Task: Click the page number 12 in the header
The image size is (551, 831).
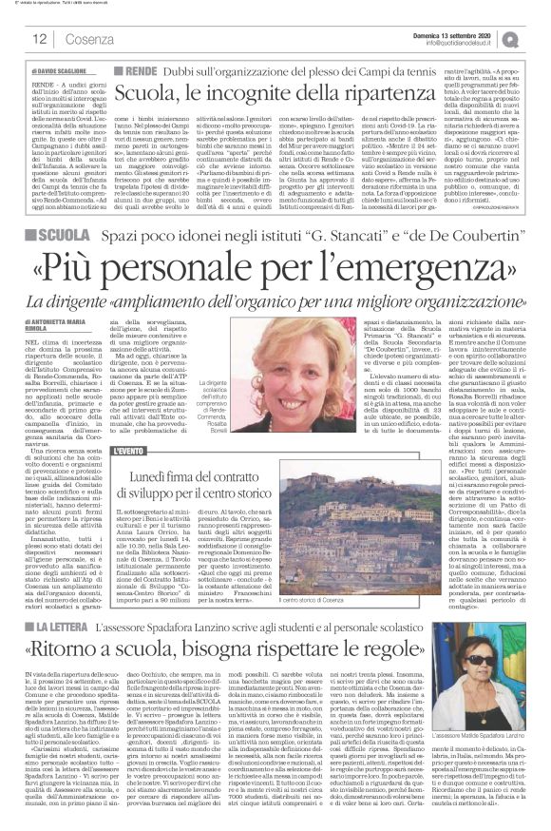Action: pos(40,39)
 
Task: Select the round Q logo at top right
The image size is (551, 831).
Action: pos(537,38)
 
